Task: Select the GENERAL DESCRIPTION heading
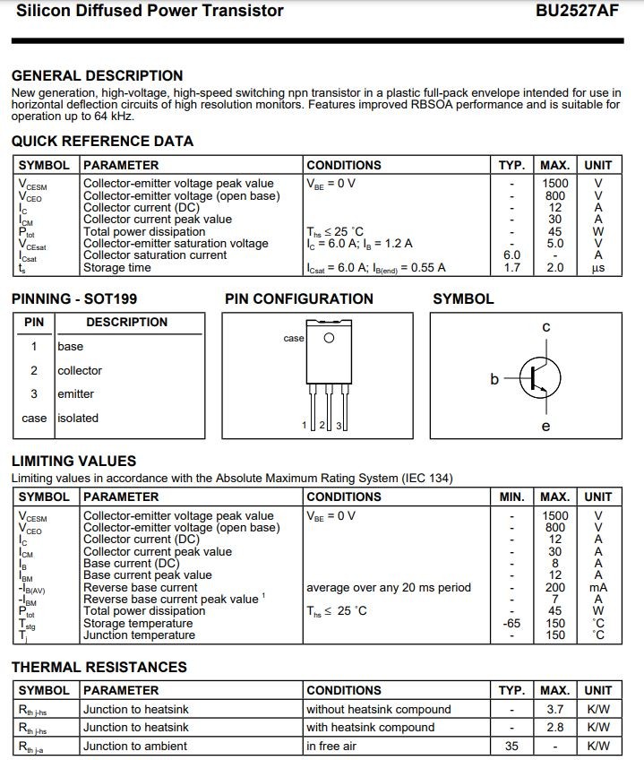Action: (97, 76)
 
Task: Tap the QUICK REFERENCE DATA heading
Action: (102, 141)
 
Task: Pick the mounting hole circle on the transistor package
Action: (329, 338)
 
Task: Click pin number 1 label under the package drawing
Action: (305, 425)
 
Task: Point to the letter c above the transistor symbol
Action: (545, 328)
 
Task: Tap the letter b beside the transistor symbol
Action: (494, 379)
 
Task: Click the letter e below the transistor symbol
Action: (546, 427)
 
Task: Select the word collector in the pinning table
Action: (80, 370)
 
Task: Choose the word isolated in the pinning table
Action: (78, 418)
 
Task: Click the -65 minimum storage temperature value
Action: (511, 623)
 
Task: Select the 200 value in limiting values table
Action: (555, 587)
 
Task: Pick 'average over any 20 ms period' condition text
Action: (388, 588)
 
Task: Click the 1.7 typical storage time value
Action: (512, 267)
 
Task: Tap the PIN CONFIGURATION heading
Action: (298, 299)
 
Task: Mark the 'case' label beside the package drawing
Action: (294, 339)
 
